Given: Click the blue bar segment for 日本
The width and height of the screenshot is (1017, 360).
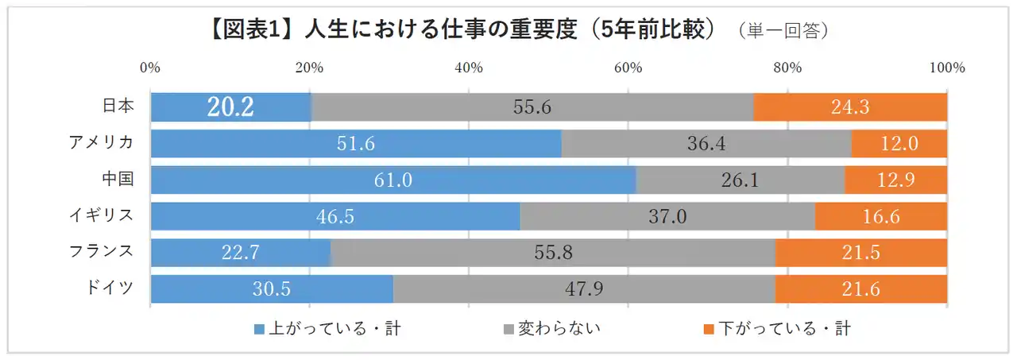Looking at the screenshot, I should (230, 107).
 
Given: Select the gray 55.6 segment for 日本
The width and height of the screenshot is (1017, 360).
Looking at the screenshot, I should (532, 107).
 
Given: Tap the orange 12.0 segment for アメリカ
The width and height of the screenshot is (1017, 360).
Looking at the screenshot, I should (899, 144).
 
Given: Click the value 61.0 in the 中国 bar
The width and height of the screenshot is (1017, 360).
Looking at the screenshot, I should (393, 180).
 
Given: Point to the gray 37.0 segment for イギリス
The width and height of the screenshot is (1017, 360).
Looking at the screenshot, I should (667, 217).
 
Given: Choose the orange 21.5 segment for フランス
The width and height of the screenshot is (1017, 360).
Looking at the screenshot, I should (860, 254).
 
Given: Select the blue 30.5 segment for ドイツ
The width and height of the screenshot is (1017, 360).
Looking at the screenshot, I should (272, 289).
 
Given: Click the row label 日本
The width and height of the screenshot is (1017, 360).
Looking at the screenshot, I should (118, 106).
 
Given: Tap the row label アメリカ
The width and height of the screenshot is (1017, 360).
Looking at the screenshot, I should (99, 142).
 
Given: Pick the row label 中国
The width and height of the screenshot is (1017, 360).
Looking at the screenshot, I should (118, 179).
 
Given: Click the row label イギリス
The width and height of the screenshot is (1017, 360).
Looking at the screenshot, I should (99, 215).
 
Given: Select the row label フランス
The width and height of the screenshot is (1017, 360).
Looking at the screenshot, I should (99, 252).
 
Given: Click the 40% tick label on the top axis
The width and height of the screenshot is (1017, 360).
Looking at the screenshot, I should (469, 68).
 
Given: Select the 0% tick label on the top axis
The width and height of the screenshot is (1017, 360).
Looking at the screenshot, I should (150, 68).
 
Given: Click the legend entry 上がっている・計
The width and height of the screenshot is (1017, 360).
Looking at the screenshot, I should (327, 328).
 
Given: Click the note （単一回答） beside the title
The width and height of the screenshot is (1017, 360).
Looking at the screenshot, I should (783, 31).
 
